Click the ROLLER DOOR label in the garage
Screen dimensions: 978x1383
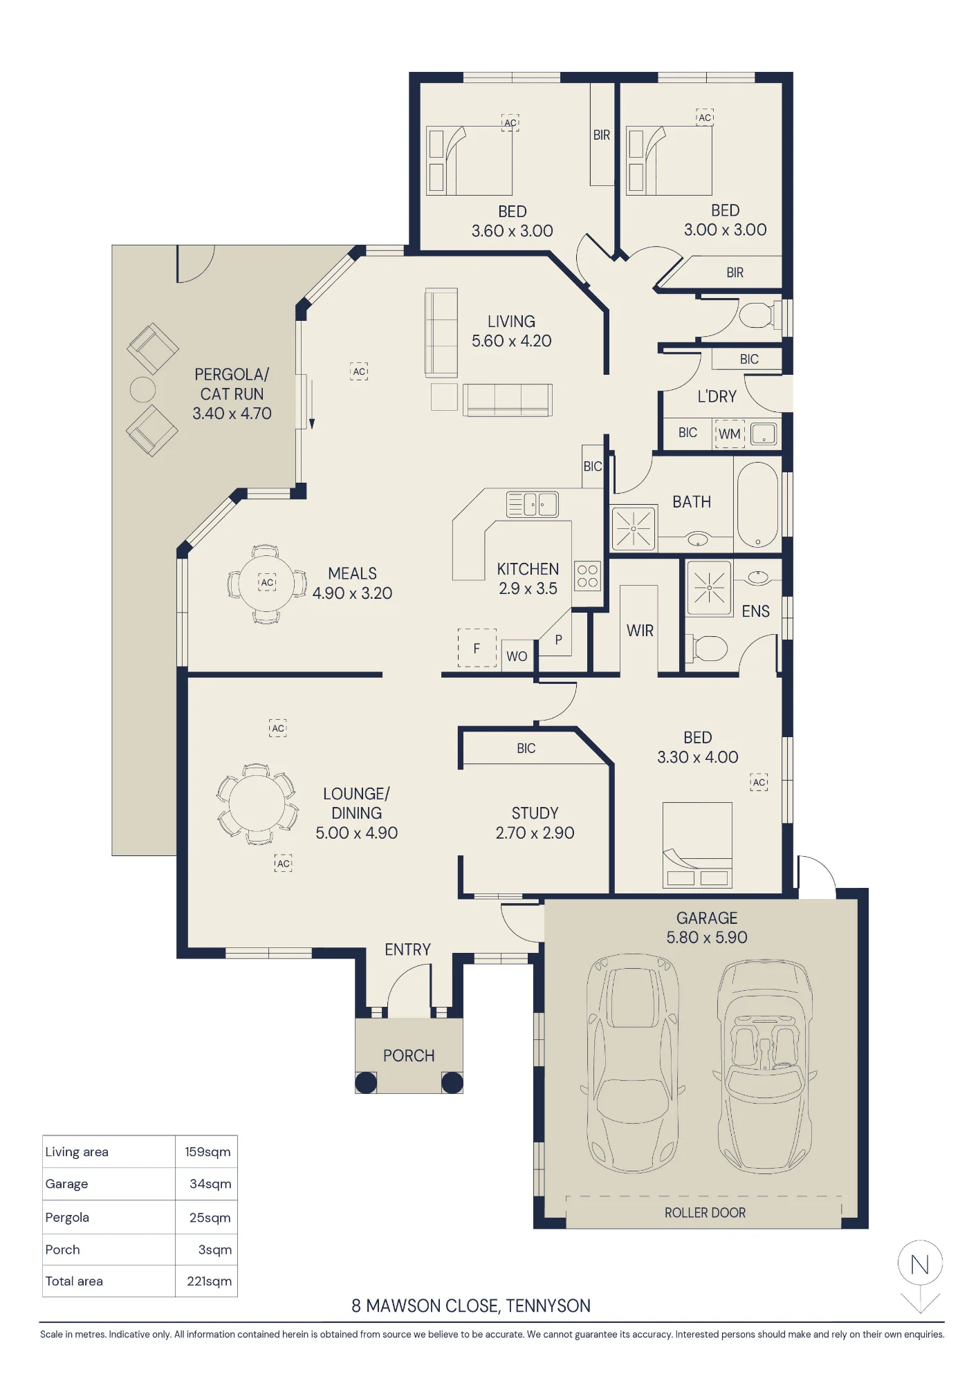pyautogui.click(x=705, y=1213)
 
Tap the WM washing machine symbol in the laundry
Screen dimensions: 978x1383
pyautogui.click(x=730, y=434)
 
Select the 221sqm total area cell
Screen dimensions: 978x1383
pyautogui.click(x=209, y=1281)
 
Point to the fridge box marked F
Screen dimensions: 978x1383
pyautogui.click(x=477, y=648)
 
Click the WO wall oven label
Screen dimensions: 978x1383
pyautogui.click(x=517, y=656)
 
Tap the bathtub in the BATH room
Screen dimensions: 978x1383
pyautogui.click(x=758, y=505)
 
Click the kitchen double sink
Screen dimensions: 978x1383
pyautogui.click(x=532, y=504)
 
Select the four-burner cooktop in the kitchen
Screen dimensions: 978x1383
pyautogui.click(x=587, y=575)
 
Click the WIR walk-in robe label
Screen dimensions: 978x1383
pyautogui.click(x=640, y=631)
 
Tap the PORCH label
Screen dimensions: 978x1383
pyautogui.click(x=409, y=1056)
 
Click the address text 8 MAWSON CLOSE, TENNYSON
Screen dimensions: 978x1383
pyautogui.click(x=471, y=1306)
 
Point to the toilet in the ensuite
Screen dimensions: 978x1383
pyautogui.click(x=706, y=649)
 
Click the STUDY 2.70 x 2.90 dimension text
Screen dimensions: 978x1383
pyautogui.click(x=535, y=833)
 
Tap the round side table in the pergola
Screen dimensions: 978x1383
pyautogui.click(x=142, y=389)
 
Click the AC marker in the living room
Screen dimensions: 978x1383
pyautogui.click(x=359, y=371)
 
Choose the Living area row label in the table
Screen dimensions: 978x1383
pyautogui.click(x=77, y=1152)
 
